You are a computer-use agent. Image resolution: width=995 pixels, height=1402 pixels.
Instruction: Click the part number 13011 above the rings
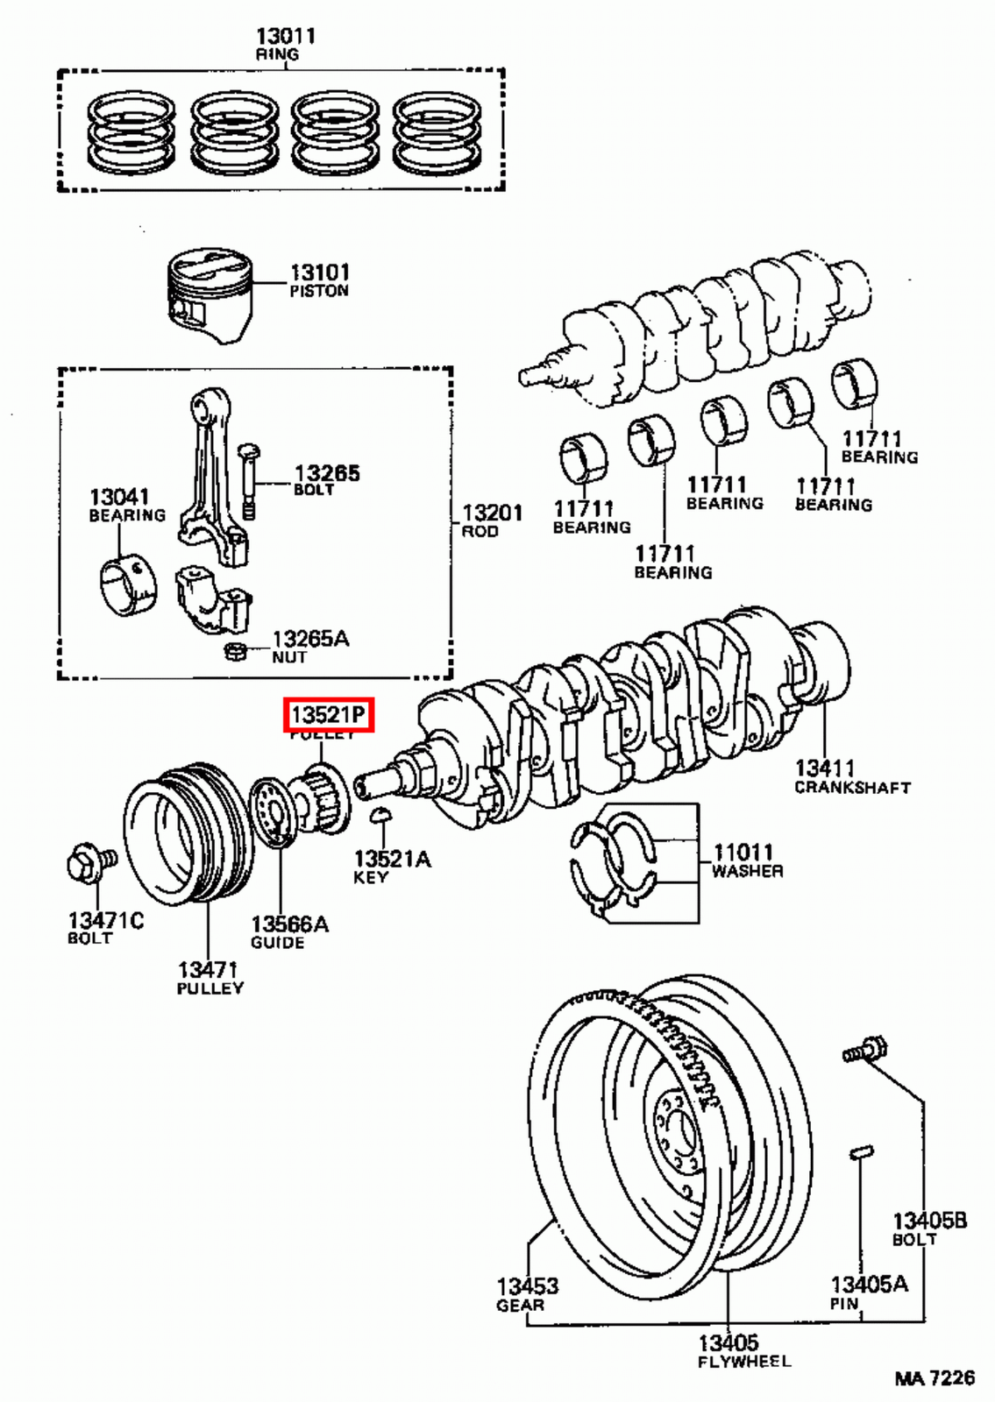[285, 36]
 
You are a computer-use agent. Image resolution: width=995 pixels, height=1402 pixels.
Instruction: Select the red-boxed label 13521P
[328, 715]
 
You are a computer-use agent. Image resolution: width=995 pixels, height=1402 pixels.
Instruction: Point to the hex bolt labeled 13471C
[89, 864]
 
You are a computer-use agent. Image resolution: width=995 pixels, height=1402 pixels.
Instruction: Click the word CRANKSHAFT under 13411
[852, 788]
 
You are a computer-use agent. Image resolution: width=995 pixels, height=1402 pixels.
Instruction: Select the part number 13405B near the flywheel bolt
[929, 1220]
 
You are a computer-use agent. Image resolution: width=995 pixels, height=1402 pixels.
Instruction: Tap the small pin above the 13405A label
[862, 1153]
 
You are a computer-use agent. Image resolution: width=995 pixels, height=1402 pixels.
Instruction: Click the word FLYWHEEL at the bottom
[744, 1362]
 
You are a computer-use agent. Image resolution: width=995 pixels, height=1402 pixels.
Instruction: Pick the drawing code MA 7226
[935, 1378]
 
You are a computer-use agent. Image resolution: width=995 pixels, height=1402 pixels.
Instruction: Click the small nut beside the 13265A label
[235, 652]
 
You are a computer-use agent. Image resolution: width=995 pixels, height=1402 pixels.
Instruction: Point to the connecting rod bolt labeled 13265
[249, 481]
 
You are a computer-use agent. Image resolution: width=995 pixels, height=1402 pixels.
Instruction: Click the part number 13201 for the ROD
[492, 512]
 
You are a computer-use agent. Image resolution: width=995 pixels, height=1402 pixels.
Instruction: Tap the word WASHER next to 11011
[747, 871]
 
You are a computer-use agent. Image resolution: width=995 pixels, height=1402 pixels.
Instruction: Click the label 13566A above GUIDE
[289, 924]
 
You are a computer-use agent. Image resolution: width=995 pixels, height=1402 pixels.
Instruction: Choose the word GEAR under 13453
[520, 1306]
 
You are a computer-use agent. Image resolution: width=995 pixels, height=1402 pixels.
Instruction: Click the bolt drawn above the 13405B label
[865, 1050]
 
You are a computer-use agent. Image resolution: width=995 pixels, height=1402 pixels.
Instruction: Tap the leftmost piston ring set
[131, 131]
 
